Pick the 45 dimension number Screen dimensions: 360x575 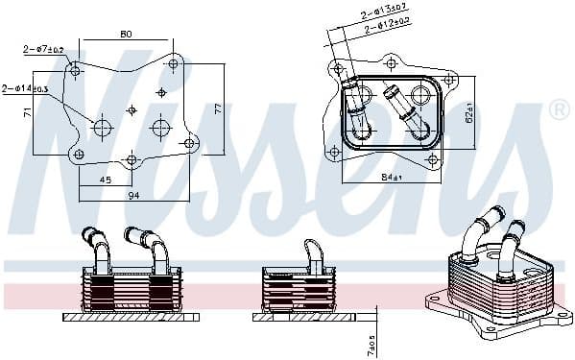click(105, 178)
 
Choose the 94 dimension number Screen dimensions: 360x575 click(134, 195)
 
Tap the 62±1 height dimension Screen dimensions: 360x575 click(471, 113)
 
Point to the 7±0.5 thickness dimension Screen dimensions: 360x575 click(371, 340)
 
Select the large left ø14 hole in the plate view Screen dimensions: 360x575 click(102, 127)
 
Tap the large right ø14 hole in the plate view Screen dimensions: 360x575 click(160, 127)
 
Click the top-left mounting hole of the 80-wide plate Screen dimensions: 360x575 click(77, 66)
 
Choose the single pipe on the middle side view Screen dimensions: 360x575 click(313, 252)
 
